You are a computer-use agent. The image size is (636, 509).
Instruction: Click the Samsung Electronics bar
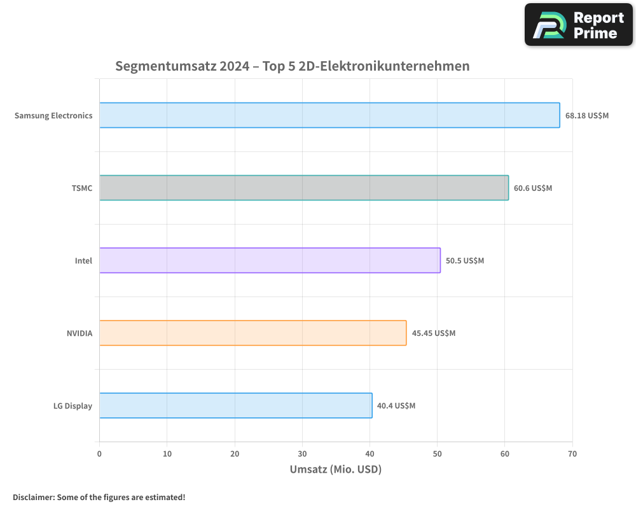click(329, 115)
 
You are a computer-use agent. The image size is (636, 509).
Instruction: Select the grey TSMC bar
click(304, 188)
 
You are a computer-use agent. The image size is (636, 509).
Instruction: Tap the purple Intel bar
click(270, 260)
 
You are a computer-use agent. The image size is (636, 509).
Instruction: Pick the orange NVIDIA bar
click(252, 333)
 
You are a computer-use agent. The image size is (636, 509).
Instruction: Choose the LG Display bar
click(235, 405)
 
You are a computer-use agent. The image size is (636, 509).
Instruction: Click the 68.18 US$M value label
click(586, 116)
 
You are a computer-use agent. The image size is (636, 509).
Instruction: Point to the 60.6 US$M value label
click(533, 188)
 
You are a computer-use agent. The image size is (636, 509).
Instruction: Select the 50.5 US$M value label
click(465, 261)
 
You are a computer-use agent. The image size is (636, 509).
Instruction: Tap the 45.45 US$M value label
click(434, 333)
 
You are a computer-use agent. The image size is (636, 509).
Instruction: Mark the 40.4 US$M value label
click(396, 406)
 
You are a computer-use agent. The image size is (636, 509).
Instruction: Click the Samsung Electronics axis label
click(53, 116)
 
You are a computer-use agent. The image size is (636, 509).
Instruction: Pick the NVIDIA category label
click(79, 333)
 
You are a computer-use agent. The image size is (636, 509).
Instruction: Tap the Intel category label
click(83, 261)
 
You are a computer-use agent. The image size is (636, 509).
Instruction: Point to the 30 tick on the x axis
click(302, 454)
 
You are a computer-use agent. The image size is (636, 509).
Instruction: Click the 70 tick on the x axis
click(572, 454)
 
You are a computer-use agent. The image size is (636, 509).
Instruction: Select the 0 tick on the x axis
click(99, 454)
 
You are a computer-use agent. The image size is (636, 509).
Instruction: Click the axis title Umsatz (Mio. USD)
click(335, 470)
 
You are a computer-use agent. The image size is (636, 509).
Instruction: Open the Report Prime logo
click(579, 25)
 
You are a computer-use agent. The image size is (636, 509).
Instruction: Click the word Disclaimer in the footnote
click(32, 497)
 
